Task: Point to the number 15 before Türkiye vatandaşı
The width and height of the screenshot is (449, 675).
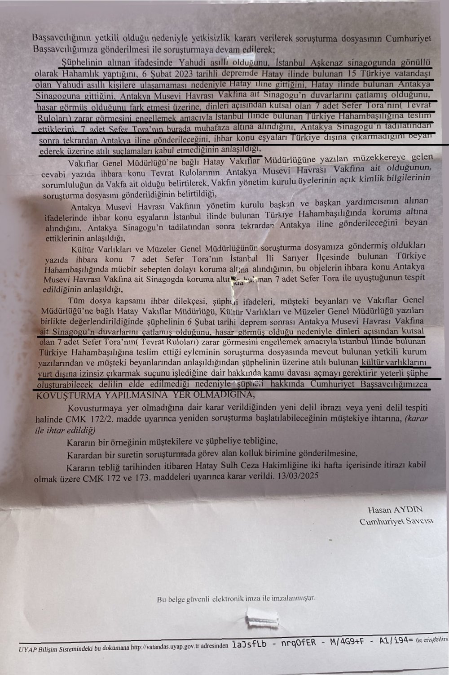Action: click(x=350, y=73)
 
